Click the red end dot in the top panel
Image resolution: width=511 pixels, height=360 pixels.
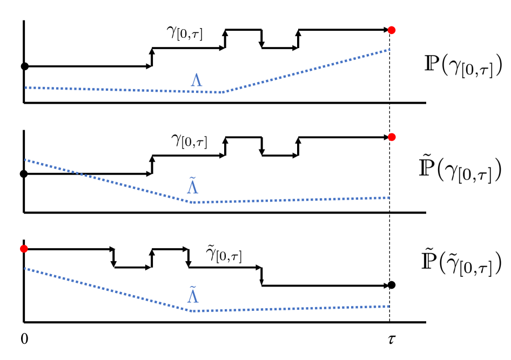pyautogui.click(x=392, y=30)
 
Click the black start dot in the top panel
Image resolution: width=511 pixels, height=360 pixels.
pyautogui.click(x=24, y=66)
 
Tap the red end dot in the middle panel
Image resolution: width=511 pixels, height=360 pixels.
pyautogui.click(x=392, y=137)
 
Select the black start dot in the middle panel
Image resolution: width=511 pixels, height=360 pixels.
pyautogui.click(x=24, y=174)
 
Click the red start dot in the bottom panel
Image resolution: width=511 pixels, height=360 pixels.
pyautogui.click(x=24, y=249)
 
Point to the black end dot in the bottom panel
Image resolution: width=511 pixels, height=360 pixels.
pyautogui.click(x=392, y=285)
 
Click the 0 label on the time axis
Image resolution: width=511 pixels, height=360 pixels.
pyautogui.click(x=24, y=339)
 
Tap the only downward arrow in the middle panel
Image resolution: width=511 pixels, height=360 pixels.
pyautogui.click(x=261, y=147)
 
